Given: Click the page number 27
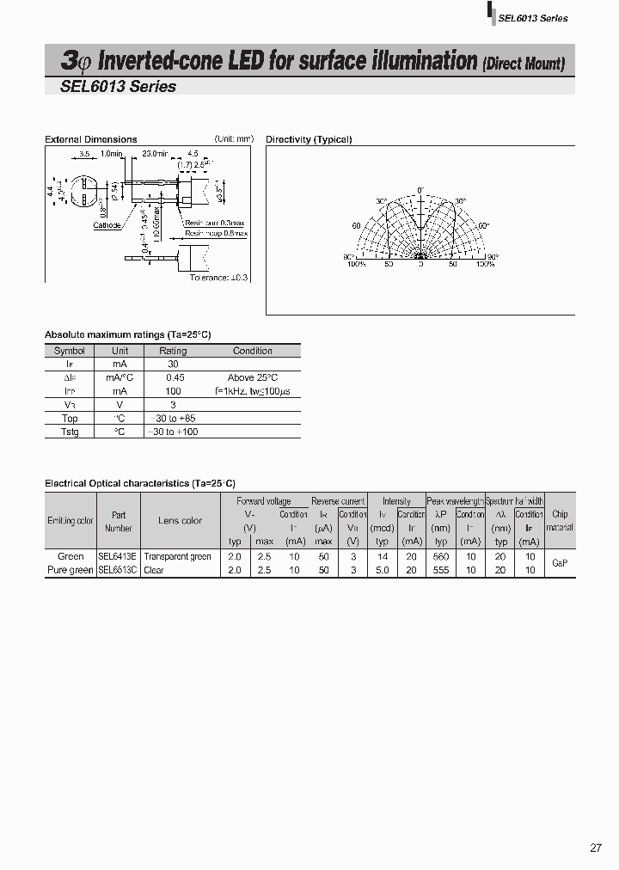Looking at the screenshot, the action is (596, 848).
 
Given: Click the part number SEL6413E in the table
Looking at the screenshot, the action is (119, 556).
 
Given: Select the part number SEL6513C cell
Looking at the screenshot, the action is (119, 570).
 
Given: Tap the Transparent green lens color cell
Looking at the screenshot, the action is (178, 556).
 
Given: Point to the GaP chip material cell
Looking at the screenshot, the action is (560, 562).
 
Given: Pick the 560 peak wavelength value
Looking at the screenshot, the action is (441, 556).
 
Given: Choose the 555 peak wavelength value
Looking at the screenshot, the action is (441, 570).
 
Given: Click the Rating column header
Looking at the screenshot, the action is (173, 351).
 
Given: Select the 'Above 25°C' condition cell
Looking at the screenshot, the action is (253, 377).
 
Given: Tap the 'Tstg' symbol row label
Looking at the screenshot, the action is (70, 432).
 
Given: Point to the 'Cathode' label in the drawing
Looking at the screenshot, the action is (107, 226).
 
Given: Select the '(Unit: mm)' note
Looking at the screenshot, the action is (234, 138).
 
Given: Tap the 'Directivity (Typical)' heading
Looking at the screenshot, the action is (309, 139).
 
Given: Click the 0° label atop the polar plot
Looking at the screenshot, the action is (420, 190).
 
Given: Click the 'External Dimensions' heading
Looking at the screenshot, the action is (90, 139).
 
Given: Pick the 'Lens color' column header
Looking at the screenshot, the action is (181, 520).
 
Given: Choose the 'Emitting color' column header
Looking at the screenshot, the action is (70, 520).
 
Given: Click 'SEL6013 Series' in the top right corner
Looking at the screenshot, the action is (533, 18).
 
